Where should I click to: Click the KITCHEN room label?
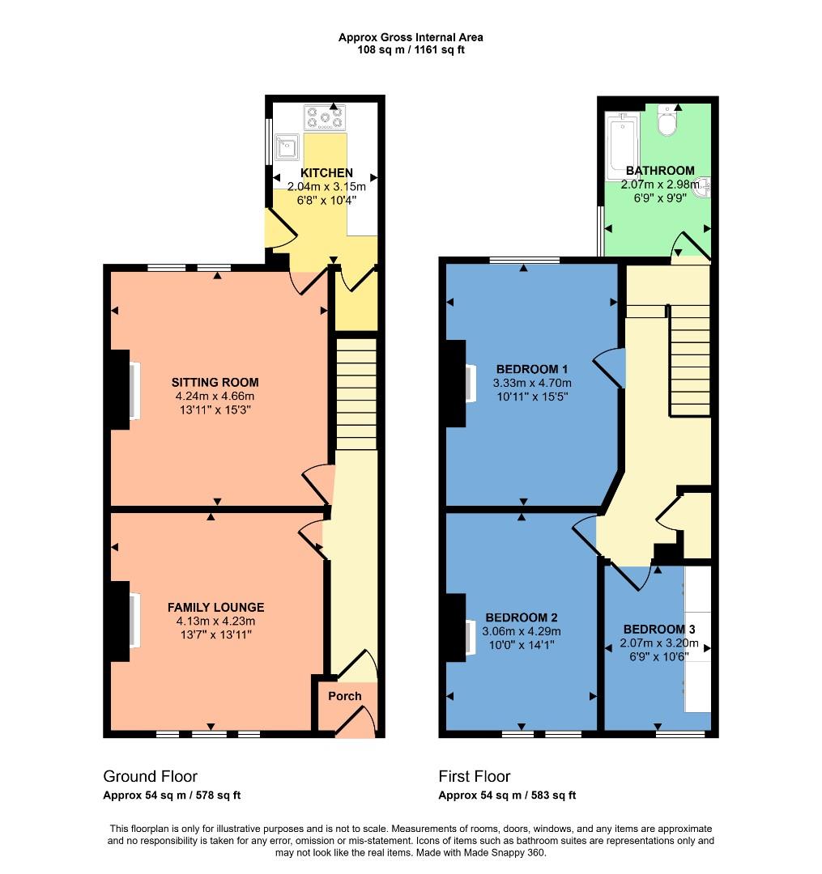click(x=326, y=173)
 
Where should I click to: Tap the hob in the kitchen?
click(x=326, y=118)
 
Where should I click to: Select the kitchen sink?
click(x=287, y=147)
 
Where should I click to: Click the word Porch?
click(x=345, y=696)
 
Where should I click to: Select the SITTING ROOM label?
click(x=215, y=382)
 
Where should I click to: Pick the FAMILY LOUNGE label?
click(x=215, y=607)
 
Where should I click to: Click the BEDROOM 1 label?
click(x=531, y=369)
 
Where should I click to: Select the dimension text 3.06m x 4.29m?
click(x=521, y=632)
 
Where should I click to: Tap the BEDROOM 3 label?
click(x=658, y=629)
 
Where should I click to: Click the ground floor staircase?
click(x=356, y=394)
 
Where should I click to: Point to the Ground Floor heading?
click(x=150, y=777)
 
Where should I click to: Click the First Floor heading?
click(x=474, y=777)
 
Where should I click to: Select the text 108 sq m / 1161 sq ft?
click(x=411, y=50)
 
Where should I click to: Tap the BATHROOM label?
click(x=660, y=171)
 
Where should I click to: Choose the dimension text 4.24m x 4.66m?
click(x=215, y=397)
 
